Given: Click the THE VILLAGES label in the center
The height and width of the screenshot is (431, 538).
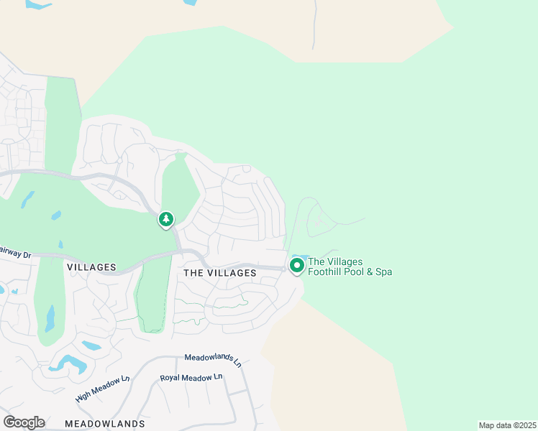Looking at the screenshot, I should click(x=220, y=273).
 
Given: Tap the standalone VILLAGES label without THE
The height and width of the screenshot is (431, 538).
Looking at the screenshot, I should click(x=91, y=267).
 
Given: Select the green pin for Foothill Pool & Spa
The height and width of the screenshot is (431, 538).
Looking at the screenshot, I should click(x=296, y=265).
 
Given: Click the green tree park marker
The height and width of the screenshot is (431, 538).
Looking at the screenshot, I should click(x=166, y=218).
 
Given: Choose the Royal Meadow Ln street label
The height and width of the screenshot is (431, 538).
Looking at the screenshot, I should click(x=191, y=378).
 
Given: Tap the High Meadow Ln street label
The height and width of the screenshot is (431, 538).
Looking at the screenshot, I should click(x=102, y=389).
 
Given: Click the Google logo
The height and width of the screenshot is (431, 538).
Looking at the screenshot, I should click(x=24, y=422).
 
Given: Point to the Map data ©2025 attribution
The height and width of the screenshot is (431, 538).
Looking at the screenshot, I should click(x=507, y=425).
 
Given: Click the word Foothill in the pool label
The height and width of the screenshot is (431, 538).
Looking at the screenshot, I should click(x=325, y=272).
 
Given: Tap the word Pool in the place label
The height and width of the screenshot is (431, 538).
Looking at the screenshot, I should click(x=356, y=272).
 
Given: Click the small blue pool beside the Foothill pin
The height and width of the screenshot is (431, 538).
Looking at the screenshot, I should click(x=301, y=257).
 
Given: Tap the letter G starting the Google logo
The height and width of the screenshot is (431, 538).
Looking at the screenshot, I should click(x=9, y=422).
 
